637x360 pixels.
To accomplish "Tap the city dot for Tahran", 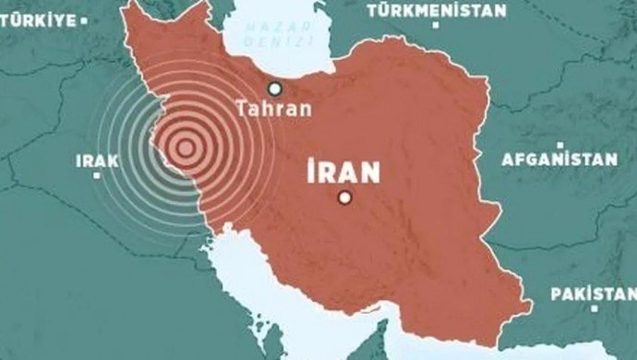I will tap(274, 89).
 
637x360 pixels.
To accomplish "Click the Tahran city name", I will tap(273, 109).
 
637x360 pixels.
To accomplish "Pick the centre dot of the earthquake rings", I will tap(186, 147).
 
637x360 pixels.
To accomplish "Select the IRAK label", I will tap(97, 162).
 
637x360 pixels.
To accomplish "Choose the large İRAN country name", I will tap(344, 171).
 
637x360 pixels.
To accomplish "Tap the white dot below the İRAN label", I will tap(345, 197).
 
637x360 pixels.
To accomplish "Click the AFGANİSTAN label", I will tap(559, 159).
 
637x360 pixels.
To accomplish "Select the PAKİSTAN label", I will tap(592, 294).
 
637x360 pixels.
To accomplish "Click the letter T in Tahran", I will tap(242, 109).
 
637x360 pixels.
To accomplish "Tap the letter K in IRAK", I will tap(114, 162).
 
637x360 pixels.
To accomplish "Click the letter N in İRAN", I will tap(370, 171).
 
